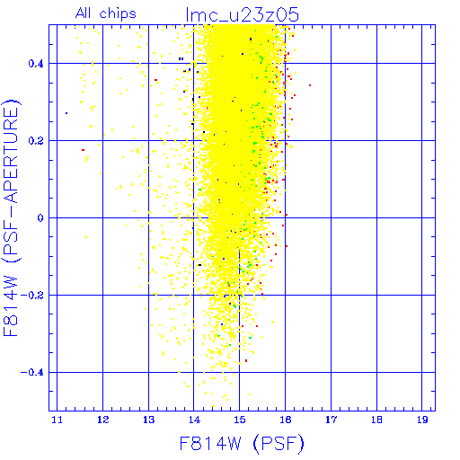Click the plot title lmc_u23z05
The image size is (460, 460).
tap(242, 14)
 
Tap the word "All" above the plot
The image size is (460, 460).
tap(83, 13)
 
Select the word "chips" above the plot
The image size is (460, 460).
tap(118, 14)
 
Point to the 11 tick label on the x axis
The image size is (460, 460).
tap(57, 420)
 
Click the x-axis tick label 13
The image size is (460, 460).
tap(148, 420)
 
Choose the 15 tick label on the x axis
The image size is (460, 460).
tap(240, 420)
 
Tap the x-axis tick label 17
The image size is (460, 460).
tap(331, 420)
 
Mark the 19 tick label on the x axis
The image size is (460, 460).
tap(422, 420)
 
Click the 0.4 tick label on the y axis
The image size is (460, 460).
tap(36, 64)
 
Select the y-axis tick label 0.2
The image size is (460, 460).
tap(36, 141)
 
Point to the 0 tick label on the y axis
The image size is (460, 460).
tap(40, 217)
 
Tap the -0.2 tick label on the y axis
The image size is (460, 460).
tap(31, 296)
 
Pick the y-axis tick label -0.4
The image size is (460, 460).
tap(31, 373)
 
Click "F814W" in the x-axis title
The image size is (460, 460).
tap(210, 443)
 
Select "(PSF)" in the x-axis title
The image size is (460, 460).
tap(279, 444)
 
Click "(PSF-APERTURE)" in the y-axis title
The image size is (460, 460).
tap(11, 181)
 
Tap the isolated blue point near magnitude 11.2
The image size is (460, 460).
tap(66, 113)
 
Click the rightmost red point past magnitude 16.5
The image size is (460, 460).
tap(310, 85)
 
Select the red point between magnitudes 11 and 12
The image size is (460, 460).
tap(83, 150)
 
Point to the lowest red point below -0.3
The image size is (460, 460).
tap(246, 360)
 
